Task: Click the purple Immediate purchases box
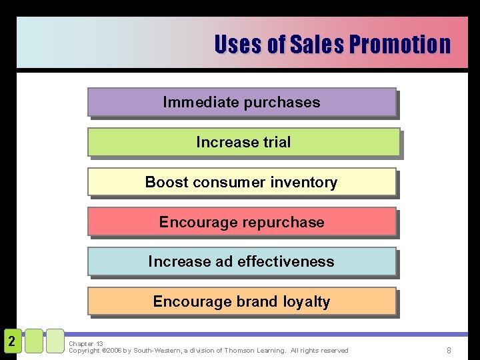click(241, 103)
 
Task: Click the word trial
click(277, 142)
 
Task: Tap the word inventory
click(304, 182)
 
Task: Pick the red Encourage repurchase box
click(241, 222)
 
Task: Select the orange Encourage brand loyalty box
click(241, 301)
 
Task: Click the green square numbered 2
click(11, 341)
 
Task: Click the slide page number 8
click(449, 350)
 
